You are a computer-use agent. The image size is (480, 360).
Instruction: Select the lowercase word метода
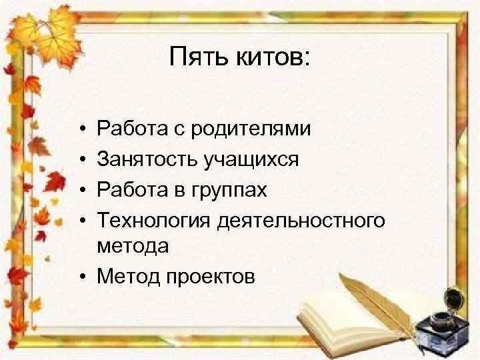(x=133, y=245)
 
